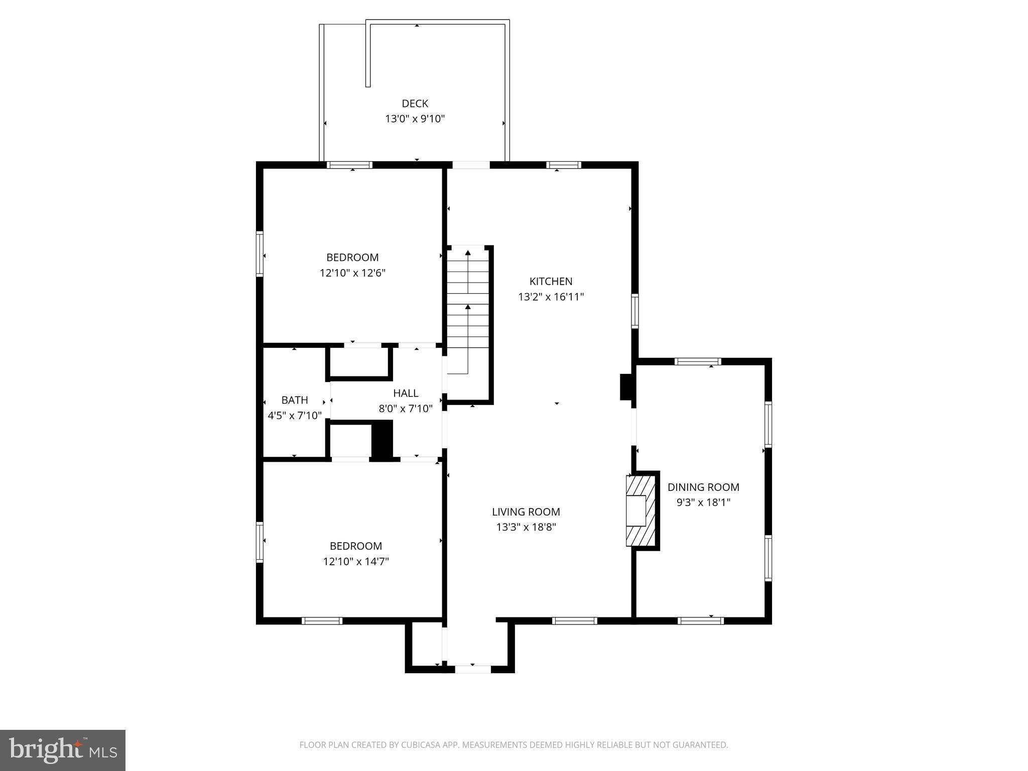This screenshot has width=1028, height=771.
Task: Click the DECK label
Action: click(x=415, y=103)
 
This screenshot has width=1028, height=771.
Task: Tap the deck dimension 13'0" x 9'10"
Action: click(x=415, y=119)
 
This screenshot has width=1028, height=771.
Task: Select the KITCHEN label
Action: click(x=551, y=281)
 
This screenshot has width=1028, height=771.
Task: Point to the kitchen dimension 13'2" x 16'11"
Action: click(x=551, y=297)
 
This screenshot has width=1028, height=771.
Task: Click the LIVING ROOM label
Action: click(x=526, y=511)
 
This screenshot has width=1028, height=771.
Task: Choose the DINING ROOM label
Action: click(x=703, y=487)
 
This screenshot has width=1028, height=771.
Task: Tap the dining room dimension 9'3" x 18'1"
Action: click(x=703, y=502)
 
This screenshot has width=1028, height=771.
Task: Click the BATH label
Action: click(x=295, y=400)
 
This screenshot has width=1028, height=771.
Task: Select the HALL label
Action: click(x=406, y=393)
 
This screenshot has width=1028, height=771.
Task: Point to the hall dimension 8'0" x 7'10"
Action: click(x=406, y=409)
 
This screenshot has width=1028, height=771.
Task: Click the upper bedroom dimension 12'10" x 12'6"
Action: click(x=352, y=273)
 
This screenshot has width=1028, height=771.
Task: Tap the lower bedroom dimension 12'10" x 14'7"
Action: click(x=356, y=561)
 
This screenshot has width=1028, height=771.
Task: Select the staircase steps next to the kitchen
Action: click(x=468, y=311)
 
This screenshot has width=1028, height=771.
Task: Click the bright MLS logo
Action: click(x=62, y=750)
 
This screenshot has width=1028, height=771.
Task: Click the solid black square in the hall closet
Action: click(x=381, y=439)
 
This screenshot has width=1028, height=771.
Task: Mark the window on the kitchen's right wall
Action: click(x=634, y=311)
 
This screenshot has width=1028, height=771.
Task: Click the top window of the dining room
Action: click(x=698, y=361)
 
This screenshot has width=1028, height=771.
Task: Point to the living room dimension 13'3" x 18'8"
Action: click(x=526, y=527)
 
